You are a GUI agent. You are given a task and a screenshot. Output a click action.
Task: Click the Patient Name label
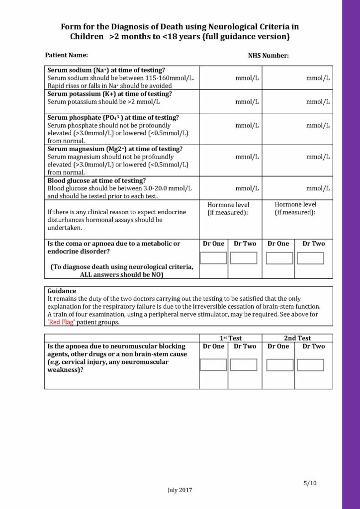pos(67,55)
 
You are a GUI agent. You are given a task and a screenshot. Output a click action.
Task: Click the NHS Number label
pos(269,56)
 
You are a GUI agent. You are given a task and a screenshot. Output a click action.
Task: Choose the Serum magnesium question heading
pos(115,149)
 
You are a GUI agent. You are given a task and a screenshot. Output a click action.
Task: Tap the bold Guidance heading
pos(62,291)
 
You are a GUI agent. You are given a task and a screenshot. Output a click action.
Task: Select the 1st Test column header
pos(230,338)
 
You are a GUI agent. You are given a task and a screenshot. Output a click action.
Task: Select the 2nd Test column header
pos(297,338)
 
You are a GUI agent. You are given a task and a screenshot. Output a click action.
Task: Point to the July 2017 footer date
pos(180,490)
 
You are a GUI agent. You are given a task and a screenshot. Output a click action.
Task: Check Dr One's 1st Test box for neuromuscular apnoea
pos(213,365)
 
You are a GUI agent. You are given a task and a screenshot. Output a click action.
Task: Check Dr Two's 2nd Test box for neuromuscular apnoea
pos(310,365)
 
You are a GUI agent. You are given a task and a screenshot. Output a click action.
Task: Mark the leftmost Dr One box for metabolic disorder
pos(213,258)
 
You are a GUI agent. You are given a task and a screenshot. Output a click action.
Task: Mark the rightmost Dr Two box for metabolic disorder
pos(310,258)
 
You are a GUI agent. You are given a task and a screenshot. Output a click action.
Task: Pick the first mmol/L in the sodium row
pos(247,78)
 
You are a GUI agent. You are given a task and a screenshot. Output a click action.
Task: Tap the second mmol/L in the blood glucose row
pos(318,188)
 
